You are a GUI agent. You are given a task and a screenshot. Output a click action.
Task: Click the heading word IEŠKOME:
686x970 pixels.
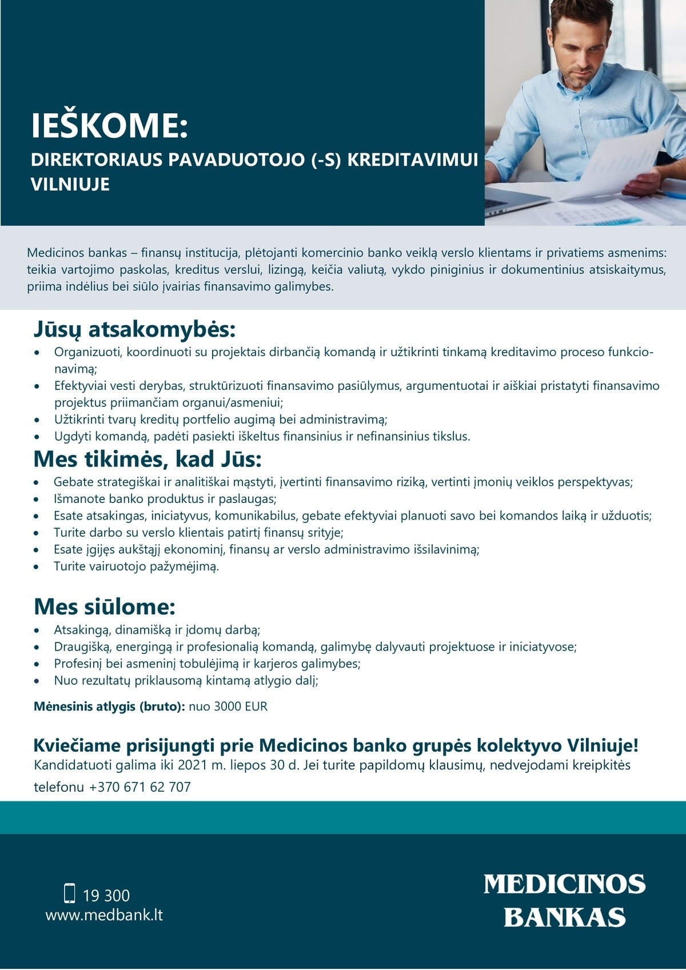click(x=109, y=126)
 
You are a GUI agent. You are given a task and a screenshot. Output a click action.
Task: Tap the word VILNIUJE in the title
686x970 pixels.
click(x=70, y=185)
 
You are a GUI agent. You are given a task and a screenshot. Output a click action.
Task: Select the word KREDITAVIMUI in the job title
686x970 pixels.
click(x=412, y=159)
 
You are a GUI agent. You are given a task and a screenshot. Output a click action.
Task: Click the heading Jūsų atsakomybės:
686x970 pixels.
click(x=134, y=330)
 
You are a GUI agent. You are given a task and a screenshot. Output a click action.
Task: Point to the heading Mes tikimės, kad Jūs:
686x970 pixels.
click(x=147, y=460)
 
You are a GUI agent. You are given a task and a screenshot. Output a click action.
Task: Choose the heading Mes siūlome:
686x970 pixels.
click(x=105, y=607)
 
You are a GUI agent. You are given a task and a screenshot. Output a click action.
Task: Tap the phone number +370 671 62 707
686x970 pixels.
click(x=139, y=787)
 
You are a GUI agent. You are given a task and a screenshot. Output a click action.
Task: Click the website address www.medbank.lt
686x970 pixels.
click(x=104, y=915)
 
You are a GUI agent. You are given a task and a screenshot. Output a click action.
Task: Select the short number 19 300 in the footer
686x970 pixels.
click(x=106, y=895)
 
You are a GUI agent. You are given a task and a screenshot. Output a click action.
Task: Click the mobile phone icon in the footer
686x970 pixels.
click(x=70, y=893)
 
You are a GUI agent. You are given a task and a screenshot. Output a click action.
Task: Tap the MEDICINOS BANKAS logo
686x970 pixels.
click(x=564, y=901)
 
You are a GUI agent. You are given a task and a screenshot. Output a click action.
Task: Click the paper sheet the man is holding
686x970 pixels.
click(x=623, y=163)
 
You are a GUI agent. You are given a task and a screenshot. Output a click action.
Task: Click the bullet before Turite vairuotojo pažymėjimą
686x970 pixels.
click(x=37, y=567)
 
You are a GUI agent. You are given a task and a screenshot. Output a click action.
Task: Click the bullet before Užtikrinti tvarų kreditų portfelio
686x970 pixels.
click(x=37, y=420)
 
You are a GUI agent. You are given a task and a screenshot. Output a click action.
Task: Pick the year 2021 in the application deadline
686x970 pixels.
click(x=193, y=765)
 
